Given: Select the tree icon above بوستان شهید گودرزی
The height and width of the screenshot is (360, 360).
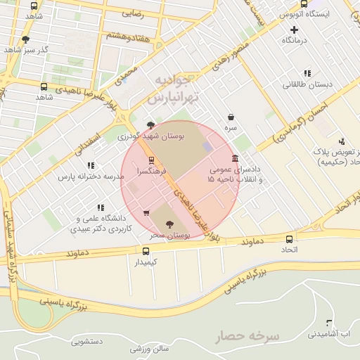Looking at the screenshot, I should point(151,125).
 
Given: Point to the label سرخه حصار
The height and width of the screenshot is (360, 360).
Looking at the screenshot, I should point(247,337).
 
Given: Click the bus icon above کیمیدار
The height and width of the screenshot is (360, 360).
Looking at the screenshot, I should point(146,252).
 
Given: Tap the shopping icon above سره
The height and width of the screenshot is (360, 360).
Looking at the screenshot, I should point(231,117).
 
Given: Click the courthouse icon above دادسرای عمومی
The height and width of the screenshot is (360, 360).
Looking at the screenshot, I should point(234,159).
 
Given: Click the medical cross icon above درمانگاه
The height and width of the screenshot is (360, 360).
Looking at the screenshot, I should point(295,30).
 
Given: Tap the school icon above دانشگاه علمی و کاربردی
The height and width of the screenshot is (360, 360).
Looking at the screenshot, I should point(101,207).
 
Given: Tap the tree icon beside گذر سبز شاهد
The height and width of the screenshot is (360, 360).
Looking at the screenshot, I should point(26,39).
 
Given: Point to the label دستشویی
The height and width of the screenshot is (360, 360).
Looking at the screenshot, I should point(88,342).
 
